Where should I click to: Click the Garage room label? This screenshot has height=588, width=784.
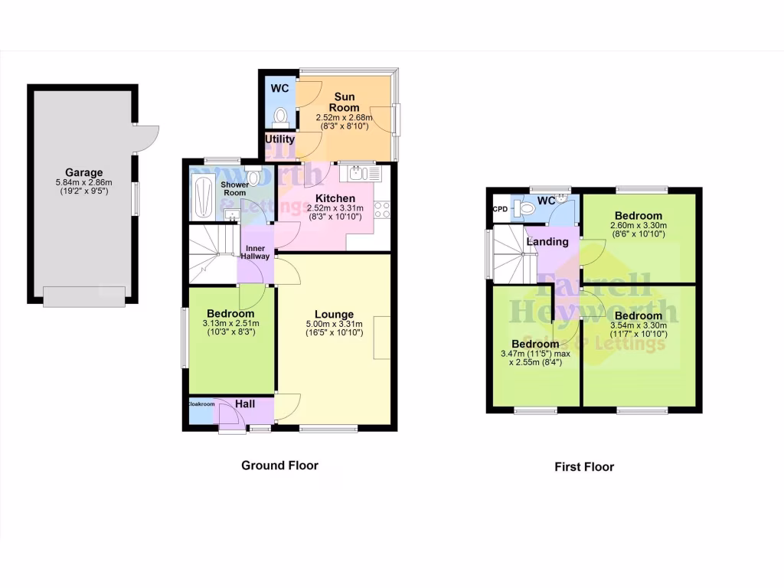point(83,172)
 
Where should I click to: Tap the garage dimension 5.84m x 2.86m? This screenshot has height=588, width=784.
point(83,182)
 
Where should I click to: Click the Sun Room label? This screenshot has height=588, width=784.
point(344,102)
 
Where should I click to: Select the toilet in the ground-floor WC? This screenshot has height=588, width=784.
point(280,116)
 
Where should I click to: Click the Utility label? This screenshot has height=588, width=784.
point(279,139)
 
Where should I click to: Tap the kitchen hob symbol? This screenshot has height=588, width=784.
point(382,209)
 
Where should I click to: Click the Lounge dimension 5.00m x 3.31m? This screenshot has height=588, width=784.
point(334,324)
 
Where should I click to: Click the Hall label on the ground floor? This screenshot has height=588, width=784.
point(245,403)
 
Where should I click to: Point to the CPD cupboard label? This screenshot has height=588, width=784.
point(500,208)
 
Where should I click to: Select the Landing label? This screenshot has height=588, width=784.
point(547,242)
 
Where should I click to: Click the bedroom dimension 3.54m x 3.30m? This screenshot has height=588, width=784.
point(638,325)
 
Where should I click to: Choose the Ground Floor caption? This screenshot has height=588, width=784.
point(279,465)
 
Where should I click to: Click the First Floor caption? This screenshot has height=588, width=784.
point(584,466)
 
